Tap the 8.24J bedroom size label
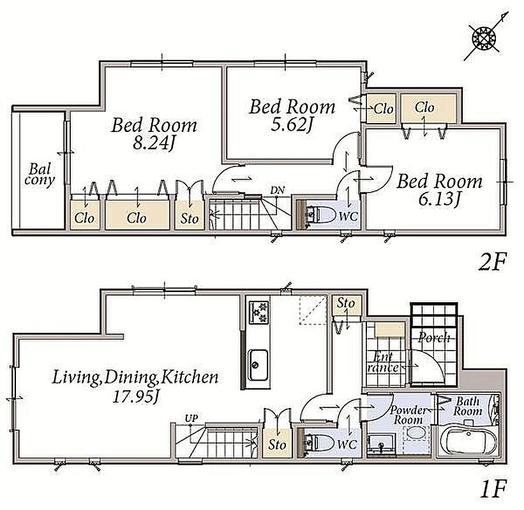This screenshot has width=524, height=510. click(x=153, y=143)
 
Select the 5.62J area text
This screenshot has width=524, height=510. click(x=292, y=125)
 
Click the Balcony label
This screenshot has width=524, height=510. click(x=40, y=175)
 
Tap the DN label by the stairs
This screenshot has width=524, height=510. click(x=278, y=191)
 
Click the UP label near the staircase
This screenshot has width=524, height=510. click(x=191, y=418)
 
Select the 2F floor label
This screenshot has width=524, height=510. click(x=492, y=262)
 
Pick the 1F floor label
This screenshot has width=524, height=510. click(x=493, y=489)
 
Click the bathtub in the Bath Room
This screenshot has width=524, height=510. click(x=468, y=441)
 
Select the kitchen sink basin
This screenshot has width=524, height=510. click(x=257, y=365)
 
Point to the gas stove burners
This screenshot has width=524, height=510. click(x=258, y=312)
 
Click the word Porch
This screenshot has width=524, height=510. click(x=434, y=337)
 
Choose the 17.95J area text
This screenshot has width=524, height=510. click(x=136, y=397)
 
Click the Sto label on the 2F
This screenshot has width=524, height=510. click(x=190, y=219)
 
